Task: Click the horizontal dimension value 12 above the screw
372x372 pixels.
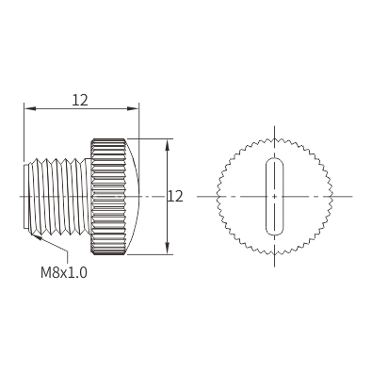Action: click(x=80, y=100)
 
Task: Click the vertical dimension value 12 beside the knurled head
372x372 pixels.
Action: click(x=175, y=197)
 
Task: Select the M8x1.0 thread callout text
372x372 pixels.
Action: click(x=64, y=272)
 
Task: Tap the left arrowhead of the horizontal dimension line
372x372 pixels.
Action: click(x=30, y=108)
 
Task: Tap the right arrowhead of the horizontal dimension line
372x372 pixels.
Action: click(x=133, y=108)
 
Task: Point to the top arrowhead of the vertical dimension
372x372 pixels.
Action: click(x=168, y=145)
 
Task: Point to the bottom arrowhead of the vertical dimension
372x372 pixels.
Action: click(x=168, y=248)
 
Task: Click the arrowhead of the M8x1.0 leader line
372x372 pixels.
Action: click(x=36, y=235)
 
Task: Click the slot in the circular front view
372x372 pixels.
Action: click(x=275, y=197)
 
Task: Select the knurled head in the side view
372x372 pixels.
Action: click(x=108, y=197)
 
